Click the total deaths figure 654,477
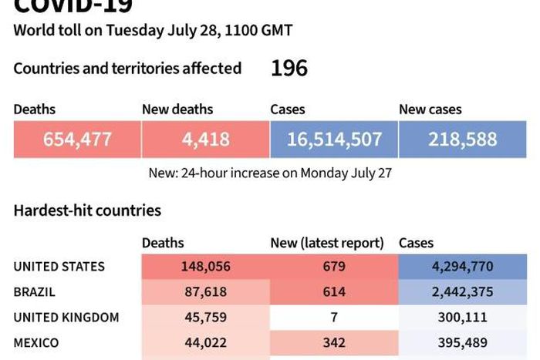76,140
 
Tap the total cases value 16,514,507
333,140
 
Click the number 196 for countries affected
289,69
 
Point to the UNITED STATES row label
59,267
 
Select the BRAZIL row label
35,292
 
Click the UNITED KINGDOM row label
66,318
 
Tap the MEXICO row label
36,343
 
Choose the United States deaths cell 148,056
206,267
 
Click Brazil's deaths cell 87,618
206,292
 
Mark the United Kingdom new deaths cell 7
333,318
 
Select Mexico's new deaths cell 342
333,343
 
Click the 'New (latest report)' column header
327,243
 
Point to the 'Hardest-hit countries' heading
87,210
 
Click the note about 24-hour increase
270,173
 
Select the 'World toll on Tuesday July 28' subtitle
153,31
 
